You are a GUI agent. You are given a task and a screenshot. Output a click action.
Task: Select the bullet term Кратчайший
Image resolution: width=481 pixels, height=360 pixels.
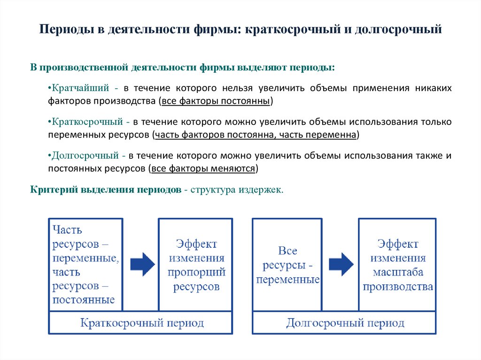tap(79, 88)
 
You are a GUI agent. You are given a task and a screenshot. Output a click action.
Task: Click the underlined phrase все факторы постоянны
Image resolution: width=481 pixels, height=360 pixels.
tap(215, 101)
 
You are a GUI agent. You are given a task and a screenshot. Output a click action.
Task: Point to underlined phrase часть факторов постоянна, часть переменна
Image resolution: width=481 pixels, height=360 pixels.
tap(256, 135)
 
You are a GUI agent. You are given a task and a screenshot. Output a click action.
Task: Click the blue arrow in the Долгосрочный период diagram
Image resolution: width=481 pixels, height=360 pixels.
tap(341, 264)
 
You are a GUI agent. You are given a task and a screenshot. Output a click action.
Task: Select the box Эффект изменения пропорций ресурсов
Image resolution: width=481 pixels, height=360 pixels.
tap(196, 264)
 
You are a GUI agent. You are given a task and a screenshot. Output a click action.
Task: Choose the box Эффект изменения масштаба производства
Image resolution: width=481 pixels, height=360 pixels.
tap(397, 264)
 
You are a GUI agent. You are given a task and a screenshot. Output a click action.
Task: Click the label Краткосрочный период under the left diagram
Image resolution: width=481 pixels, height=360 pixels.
tap(141, 323)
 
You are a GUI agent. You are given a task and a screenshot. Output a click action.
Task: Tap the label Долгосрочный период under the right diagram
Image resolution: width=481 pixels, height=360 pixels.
tap(344, 323)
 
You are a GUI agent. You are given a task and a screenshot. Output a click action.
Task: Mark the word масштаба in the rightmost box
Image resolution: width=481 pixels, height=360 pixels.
tap(398, 272)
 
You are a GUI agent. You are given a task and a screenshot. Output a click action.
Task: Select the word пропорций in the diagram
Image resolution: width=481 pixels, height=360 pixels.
tap(196, 272)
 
